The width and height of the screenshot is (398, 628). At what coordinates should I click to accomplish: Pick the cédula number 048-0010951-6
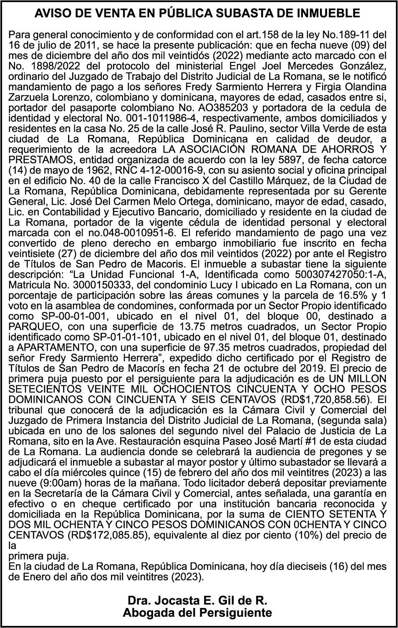(142, 233)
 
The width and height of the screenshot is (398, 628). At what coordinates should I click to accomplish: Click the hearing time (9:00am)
(61, 483)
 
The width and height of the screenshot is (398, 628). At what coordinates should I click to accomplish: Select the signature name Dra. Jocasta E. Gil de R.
(197, 601)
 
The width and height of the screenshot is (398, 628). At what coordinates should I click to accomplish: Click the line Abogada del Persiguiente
(197, 613)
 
